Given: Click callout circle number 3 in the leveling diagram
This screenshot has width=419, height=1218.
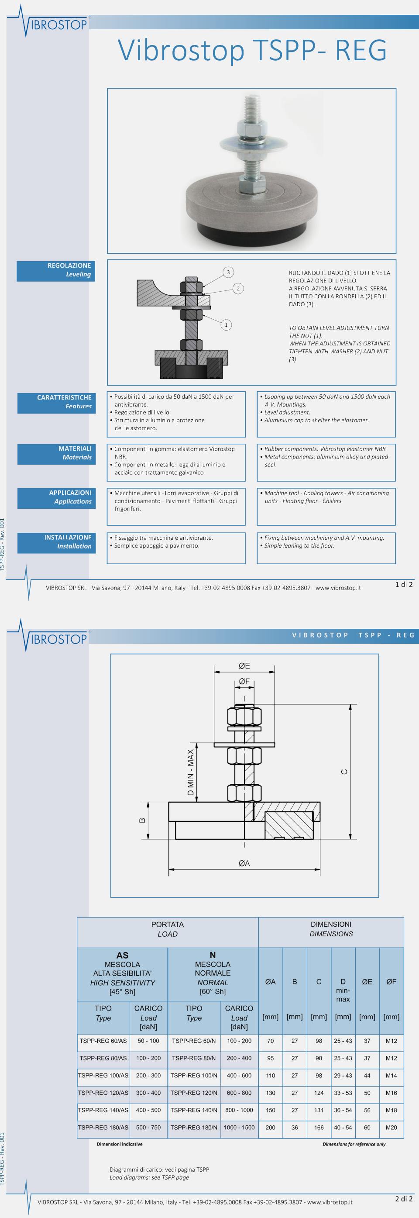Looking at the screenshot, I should tap(228, 273).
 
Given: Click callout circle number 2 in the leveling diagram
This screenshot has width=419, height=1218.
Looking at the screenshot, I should tap(238, 288).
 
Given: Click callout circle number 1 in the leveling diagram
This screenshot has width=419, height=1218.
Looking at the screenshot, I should tap(226, 325).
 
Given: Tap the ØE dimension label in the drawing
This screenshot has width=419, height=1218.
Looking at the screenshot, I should tap(244, 666).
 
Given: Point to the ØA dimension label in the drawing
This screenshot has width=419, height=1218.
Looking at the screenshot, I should tap(244, 863).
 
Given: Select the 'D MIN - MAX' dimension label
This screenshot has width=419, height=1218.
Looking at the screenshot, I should tap(190, 772).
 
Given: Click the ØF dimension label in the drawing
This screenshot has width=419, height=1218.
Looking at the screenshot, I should tap(244, 681).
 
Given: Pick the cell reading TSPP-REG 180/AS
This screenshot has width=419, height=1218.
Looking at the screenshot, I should tap(103, 1127).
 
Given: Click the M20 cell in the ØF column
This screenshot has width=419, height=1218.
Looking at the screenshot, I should tap(391, 1127).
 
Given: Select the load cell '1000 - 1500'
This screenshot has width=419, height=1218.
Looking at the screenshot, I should tap(239, 1127).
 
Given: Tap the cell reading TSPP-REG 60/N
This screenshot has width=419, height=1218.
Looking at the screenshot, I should tap(194, 1041).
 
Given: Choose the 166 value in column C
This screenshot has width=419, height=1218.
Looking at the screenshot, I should tap(319, 1127).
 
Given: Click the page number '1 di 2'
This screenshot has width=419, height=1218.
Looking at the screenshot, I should tap(404, 584).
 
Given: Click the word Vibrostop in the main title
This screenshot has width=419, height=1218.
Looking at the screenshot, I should tap(181, 50).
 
